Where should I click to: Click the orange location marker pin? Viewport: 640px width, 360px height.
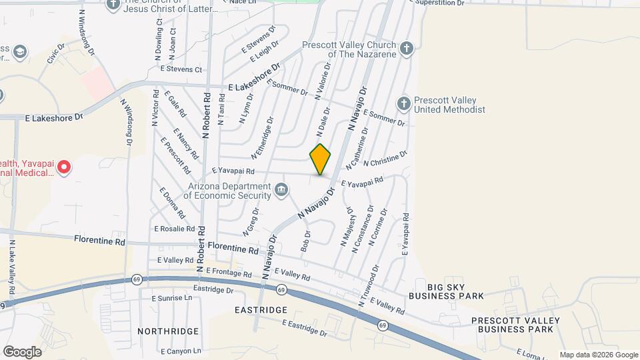[x=321, y=159]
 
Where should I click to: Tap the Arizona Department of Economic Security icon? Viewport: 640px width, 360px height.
[x=282, y=192]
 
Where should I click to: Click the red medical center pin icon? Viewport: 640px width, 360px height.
[x=63, y=167]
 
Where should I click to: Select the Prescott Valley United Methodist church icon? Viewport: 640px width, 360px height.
[x=403, y=104]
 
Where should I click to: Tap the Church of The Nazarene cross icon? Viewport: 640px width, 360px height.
[x=406, y=48]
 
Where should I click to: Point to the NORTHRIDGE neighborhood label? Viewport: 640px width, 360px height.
[x=168, y=331]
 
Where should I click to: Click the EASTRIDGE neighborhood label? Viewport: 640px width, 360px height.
[x=261, y=310]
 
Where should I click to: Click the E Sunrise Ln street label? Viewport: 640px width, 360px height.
[x=173, y=298]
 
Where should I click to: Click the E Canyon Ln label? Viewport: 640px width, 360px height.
[x=181, y=351]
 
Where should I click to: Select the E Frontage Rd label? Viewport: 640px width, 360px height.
[x=229, y=273]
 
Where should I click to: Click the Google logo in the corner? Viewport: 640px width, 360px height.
[x=22, y=351]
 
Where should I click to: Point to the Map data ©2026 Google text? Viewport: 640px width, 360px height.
[x=598, y=355]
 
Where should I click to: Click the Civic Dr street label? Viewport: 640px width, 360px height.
[x=55, y=54]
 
